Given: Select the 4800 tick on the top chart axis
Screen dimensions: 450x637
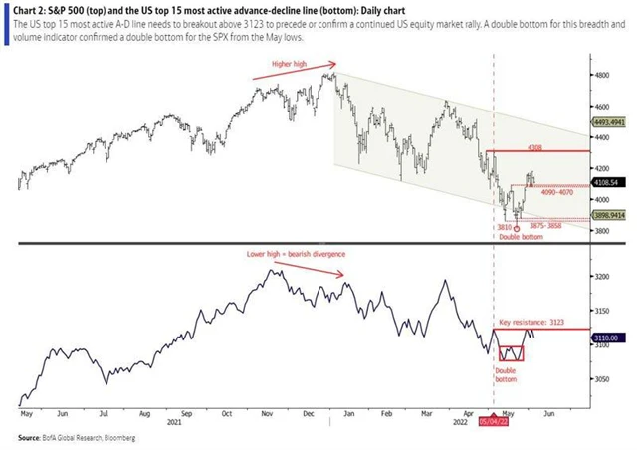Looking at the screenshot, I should [602, 75].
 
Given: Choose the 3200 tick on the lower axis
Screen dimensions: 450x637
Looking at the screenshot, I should [602, 276].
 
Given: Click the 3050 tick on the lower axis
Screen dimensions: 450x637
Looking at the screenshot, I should [602, 379].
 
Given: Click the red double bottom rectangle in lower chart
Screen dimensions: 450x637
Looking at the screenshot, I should [511, 353].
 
